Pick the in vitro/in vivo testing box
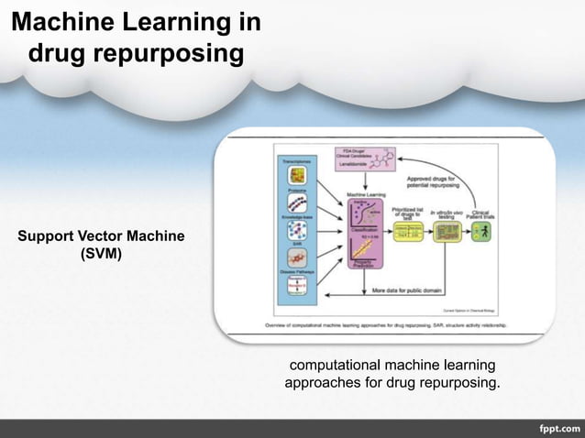pos(446,232)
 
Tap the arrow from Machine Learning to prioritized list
pos(390,232)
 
